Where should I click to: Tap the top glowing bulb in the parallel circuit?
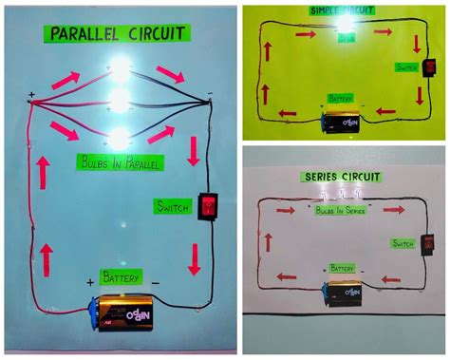pos(121,71)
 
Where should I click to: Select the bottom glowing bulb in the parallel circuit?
pos(121,136)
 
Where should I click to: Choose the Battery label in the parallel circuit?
pos(122,279)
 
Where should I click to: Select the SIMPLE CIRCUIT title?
pos(345,9)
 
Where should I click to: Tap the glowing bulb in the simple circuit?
pos(346,28)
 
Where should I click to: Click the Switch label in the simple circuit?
pos(407,68)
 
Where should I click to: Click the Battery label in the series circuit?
pos(343,269)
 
